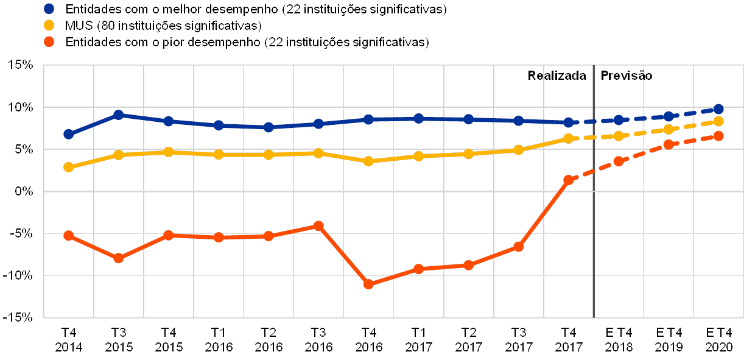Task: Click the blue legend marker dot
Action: click(x=50, y=9)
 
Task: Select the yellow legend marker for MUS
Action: click(x=50, y=26)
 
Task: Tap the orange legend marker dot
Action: click(x=50, y=42)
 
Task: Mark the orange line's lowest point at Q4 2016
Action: click(x=368, y=284)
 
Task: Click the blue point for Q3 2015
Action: click(x=119, y=115)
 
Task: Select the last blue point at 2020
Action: click(x=718, y=109)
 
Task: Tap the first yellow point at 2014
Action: click(x=69, y=167)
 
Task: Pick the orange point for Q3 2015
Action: click(x=119, y=258)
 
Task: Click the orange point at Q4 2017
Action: click(x=569, y=180)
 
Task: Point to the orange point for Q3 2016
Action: click(x=318, y=226)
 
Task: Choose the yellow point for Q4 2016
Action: click(x=368, y=161)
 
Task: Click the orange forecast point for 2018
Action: click(x=619, y=161)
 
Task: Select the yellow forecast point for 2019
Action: click(x=669, y=129)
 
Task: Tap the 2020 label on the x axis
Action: click(x=719, y=347)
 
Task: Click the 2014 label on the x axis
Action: click(x=68, y=347)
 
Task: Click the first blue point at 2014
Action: click(x=69, y=134)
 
